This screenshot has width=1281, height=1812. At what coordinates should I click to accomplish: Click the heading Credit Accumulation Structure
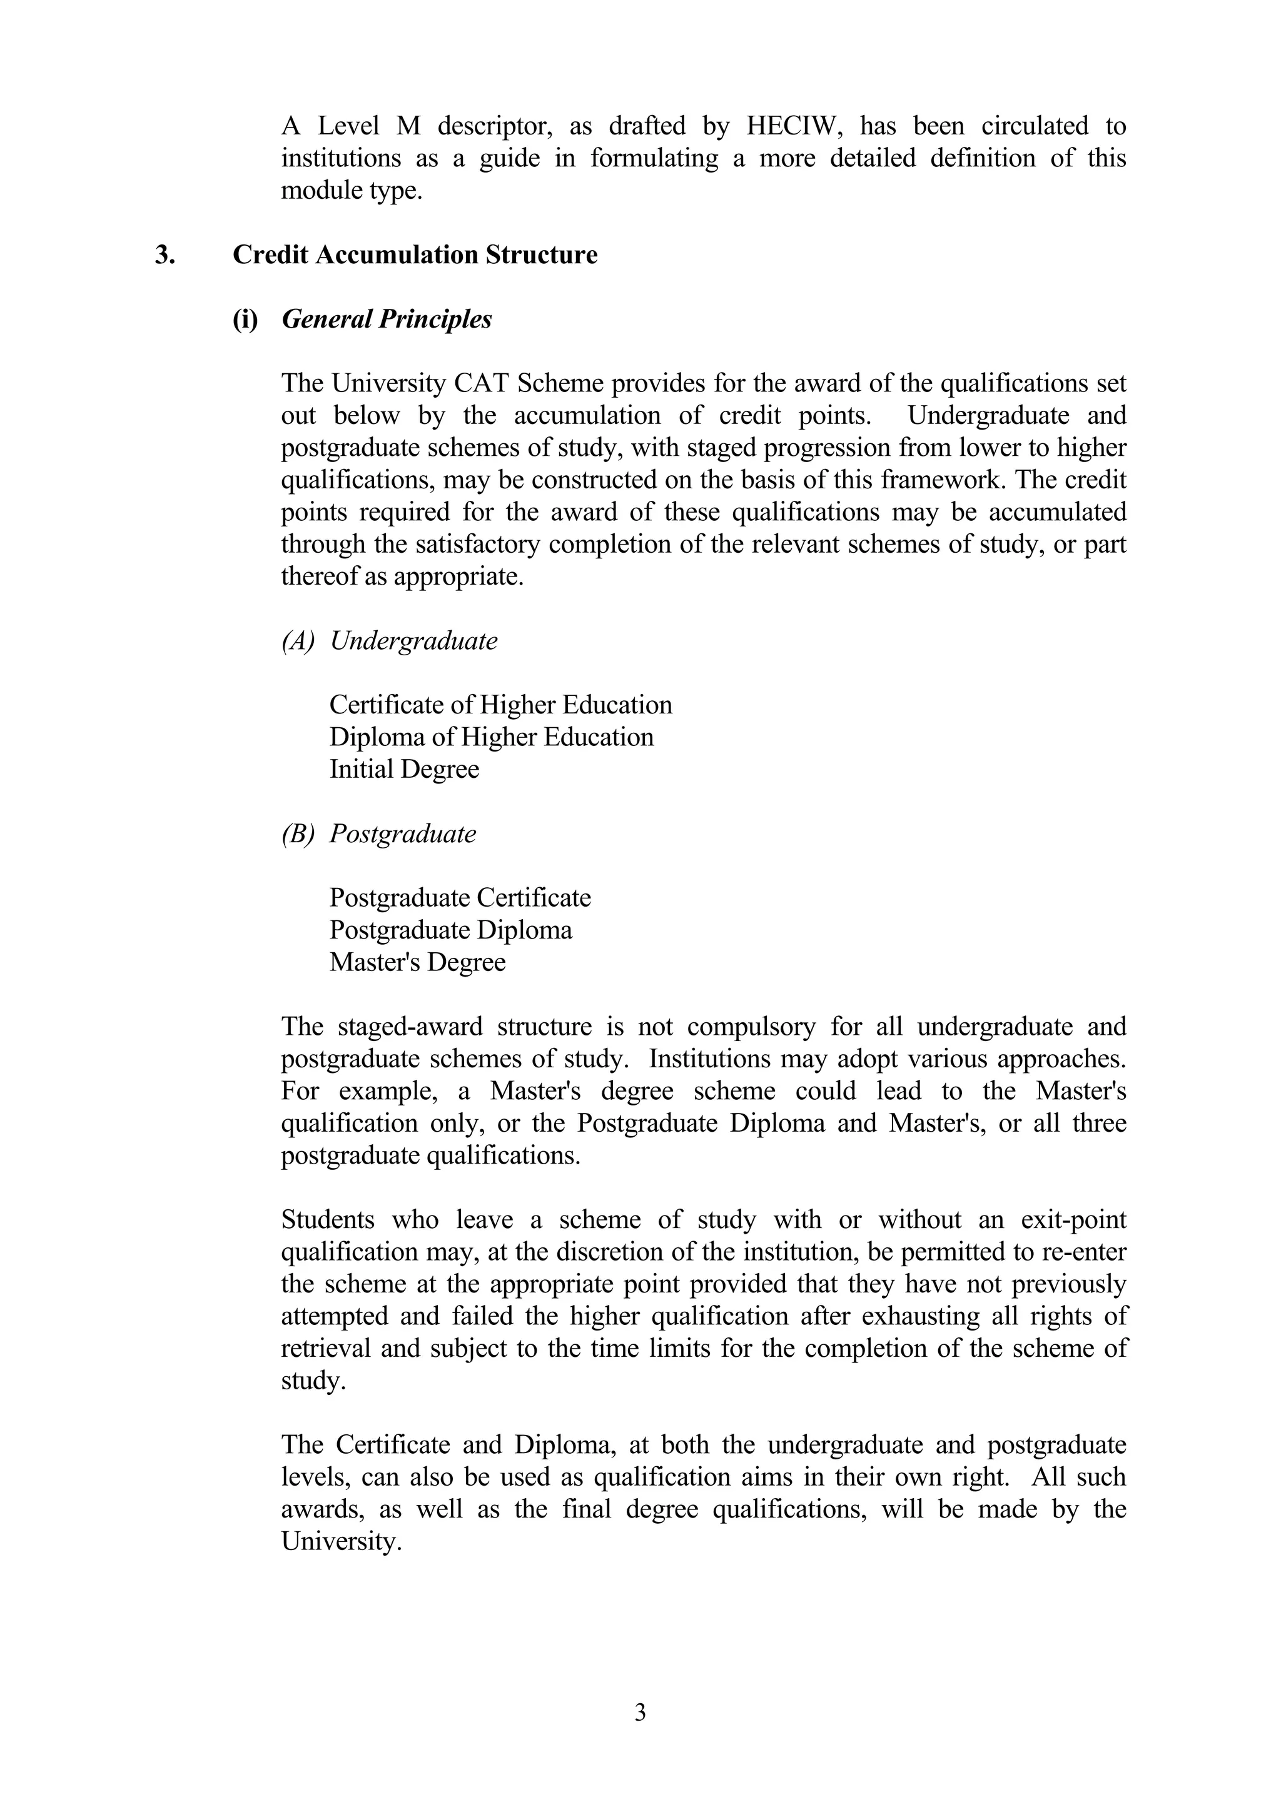coord(415,255)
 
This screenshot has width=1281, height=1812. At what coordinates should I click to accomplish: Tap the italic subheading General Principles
coord(387,319)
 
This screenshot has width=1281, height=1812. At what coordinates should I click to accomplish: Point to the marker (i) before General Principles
coord(245,319)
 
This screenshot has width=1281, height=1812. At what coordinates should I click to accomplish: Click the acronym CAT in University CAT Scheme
coord(482,383)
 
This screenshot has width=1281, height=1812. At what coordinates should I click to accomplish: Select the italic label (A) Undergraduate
coord(390,640)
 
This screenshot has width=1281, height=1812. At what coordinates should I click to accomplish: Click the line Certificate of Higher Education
coord(500,705)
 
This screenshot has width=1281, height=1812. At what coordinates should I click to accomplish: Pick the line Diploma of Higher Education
coord(491,737)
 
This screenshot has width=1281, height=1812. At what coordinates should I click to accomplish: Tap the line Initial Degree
coord(404,770)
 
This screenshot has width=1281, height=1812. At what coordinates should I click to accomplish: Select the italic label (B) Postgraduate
coord(379,833)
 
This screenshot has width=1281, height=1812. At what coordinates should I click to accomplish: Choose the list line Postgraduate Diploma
coord(451,930)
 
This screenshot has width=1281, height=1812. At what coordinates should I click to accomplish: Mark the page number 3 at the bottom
coord(640,1706)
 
